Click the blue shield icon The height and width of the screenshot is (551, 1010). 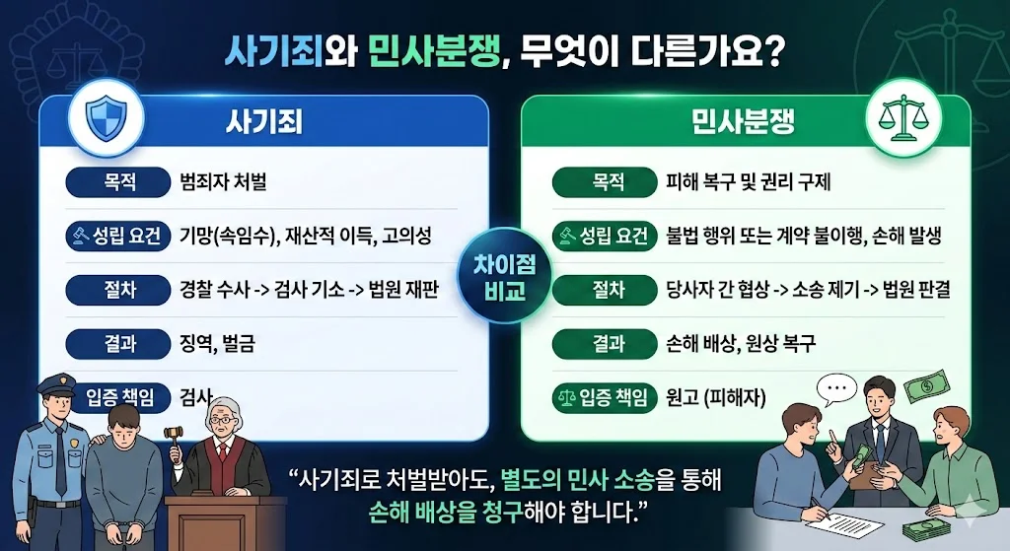(106, 118)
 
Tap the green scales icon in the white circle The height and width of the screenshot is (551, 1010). (903, 118)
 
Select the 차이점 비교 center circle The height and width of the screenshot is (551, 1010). (505, 276)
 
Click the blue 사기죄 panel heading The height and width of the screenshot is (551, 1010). (264, 121)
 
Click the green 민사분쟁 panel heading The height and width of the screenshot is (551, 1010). (743, 121)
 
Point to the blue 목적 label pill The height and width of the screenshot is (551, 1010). (118, 182)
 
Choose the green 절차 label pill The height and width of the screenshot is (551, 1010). (605, 291)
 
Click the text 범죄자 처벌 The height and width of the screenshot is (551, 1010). (223, 182)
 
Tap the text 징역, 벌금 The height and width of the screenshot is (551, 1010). (217, 344)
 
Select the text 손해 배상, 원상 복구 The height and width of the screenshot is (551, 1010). (741, 344)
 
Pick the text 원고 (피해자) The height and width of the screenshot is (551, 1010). (716, 398)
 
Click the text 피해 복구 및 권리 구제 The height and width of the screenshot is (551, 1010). (749, 182)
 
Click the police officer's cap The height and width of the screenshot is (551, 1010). (56, 385)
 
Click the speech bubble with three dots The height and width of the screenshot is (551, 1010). (836, 388)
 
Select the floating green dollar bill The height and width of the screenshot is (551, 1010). (927, 386)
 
